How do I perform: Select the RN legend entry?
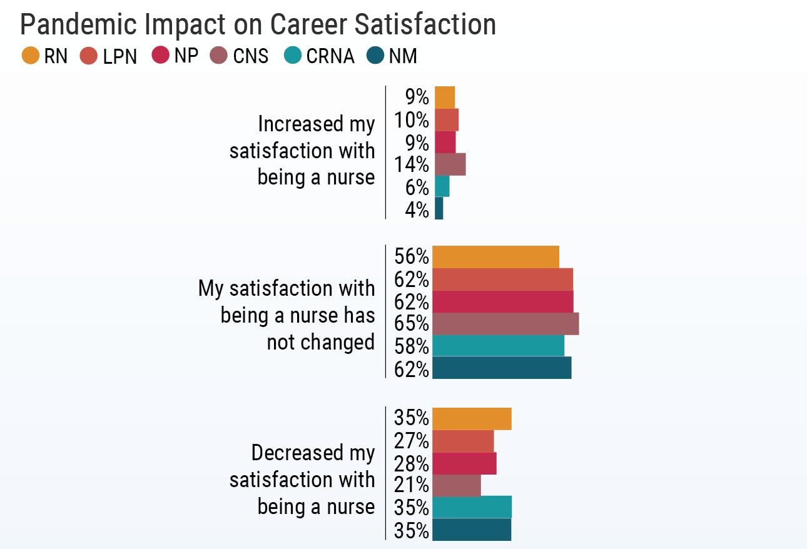coord(44,56)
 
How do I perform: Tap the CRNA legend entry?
coord(318,56)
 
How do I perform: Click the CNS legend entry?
coord(240,56)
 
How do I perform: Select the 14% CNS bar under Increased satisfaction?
coord(450,164)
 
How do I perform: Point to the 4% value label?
coord(417,210)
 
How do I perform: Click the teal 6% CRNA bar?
coord(442,186)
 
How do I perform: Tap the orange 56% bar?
coord(495,257)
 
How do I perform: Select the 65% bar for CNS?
coord(505,324)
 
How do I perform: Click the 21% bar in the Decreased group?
coord(457,485)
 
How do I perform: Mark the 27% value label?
coord(412,441)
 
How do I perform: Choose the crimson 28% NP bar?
coord(464,463)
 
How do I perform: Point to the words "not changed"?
coord(320,342)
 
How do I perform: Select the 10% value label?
coord(412,119)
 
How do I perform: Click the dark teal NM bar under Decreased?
coord(472,530)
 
